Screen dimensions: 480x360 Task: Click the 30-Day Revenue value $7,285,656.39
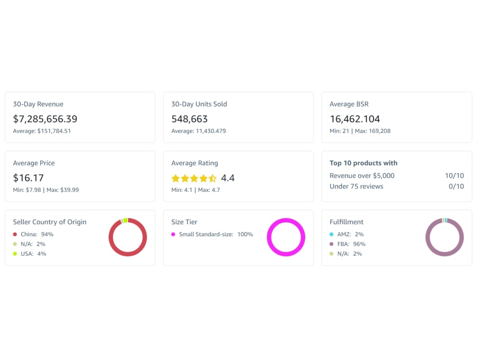click(45, 119)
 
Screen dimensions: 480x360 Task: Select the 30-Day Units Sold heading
click(199, 104)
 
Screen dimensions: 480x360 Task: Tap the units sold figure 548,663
click(190, 119)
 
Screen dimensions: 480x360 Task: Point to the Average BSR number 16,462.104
click(355, 119)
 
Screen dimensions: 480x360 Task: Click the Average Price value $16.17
click(28, 178)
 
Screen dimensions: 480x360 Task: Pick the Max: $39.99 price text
click(62, 190)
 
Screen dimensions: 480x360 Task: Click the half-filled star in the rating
click(213, 178)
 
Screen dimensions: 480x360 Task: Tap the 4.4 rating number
click(228, 178)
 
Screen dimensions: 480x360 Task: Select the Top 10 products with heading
click(363, 163)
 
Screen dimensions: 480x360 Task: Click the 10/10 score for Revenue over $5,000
click(454, 176)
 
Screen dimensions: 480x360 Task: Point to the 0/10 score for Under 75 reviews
click(456, 186)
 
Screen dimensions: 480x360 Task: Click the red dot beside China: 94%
click(15, 235)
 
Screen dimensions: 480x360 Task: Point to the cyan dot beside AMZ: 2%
click(332, 235)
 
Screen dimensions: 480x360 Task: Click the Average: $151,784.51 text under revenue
click(42, 131)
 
